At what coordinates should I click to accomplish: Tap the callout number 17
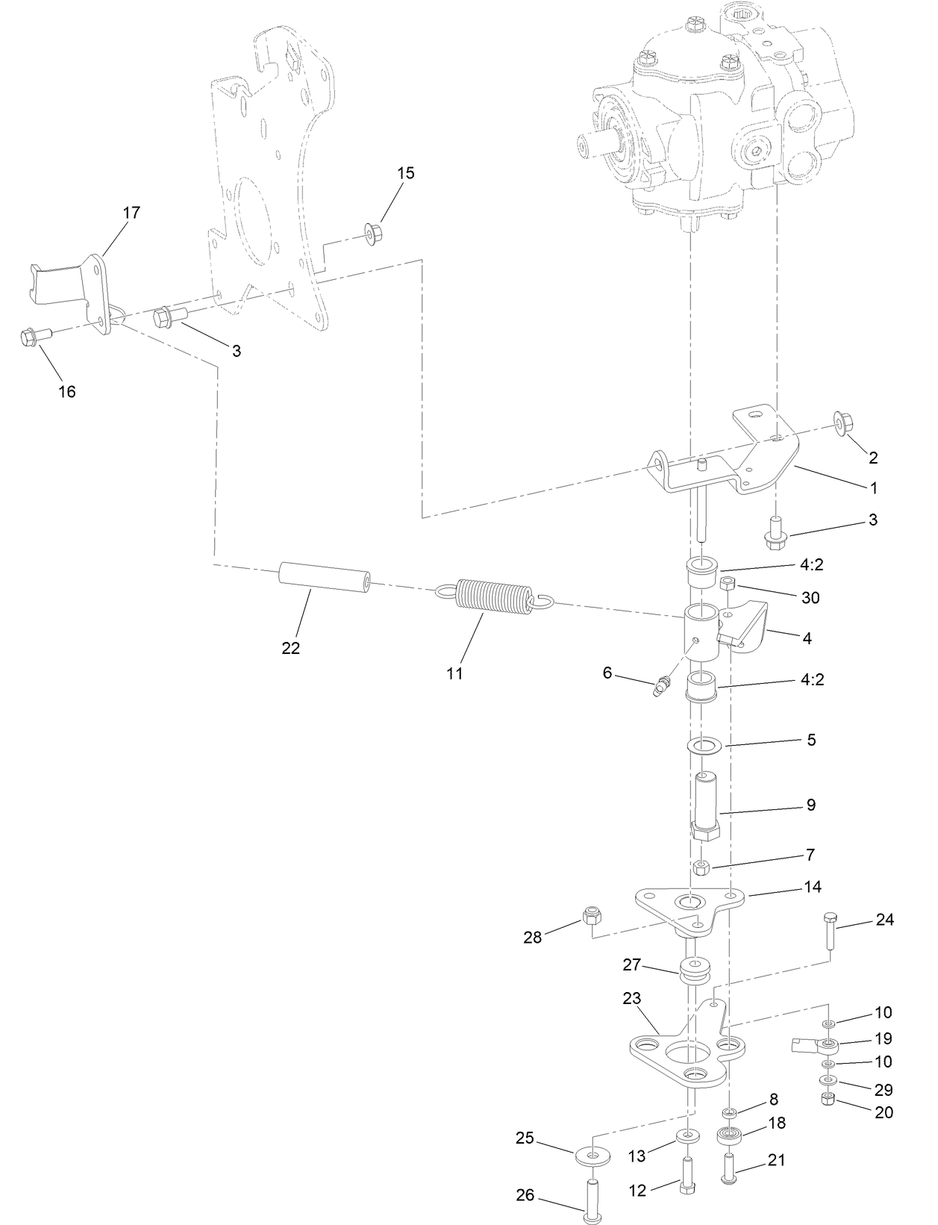131,213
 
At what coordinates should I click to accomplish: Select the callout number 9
810,805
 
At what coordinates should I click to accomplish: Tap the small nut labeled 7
701,867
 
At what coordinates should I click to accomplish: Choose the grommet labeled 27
693,973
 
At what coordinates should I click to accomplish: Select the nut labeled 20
827,1098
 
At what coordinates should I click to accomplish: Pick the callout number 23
631,998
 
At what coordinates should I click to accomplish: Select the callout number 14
813,887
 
